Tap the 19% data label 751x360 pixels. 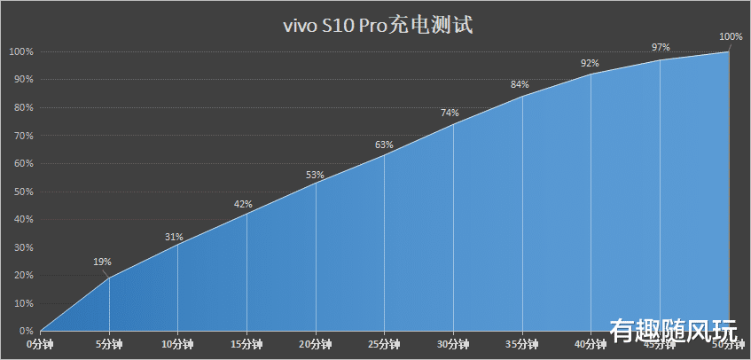click(102, 262)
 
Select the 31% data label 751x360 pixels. click(174, 237)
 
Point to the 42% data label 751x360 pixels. click(243, 205)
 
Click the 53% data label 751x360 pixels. click(315, 175)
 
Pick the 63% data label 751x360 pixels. click(384, 145)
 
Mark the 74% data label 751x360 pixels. click(450, 113)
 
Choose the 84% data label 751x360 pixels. click(520, 85)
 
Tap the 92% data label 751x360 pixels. click(590, 63)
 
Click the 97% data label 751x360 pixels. click(661, 47)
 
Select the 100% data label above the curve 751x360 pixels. click(731, 36)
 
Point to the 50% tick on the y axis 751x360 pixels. click(21, 192)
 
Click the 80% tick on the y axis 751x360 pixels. click(21, 107)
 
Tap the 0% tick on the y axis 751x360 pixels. click(25, 331)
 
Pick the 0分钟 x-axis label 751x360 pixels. click(41, 343)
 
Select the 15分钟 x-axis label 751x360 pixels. click(246, 343)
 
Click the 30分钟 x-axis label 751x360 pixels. click(453, 343)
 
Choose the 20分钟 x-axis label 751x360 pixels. click(316, 343)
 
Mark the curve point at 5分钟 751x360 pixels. click(109, 278)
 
